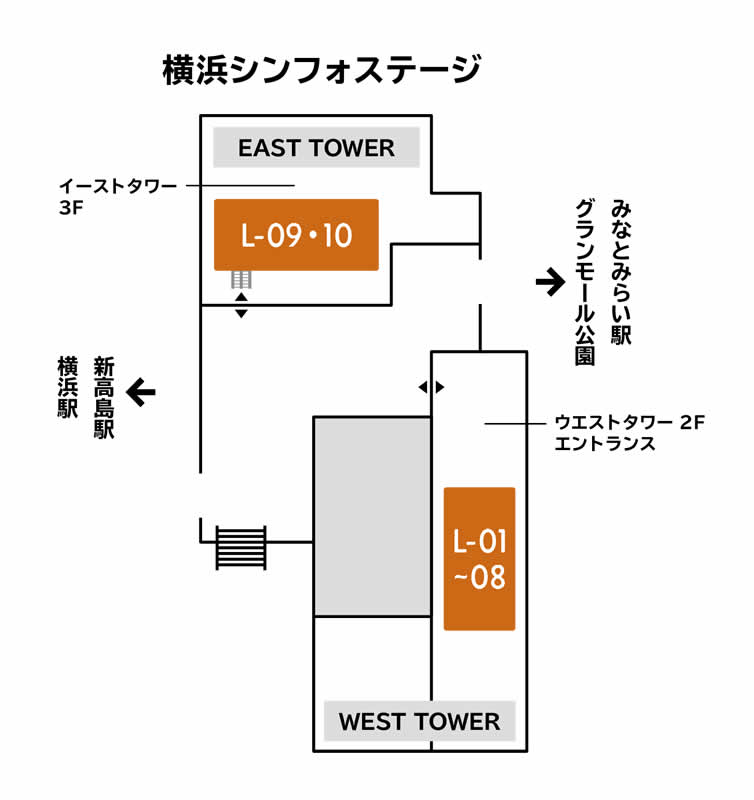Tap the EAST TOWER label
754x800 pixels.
click(x=316, y=149)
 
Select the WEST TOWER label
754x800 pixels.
click(x=419, y=721)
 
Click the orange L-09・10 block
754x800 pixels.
click(x=296, y=235)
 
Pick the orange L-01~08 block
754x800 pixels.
click(x=479, y=559)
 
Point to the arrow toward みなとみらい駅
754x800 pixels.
click(x=550, y=283)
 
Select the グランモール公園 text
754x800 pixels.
click(x=585, y=282)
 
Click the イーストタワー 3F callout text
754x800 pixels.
click(x=117, y=195)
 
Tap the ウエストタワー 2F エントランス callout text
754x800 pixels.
click(x=629, y=434)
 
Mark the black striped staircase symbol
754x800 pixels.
click(x=242, y=548)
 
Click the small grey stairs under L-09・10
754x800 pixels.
click(x=241, y=279)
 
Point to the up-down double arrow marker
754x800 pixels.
click(x=241, y=305)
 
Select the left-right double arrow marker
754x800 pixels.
click(x=431, y=387)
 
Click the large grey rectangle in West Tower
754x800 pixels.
click(x=372, y=516)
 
